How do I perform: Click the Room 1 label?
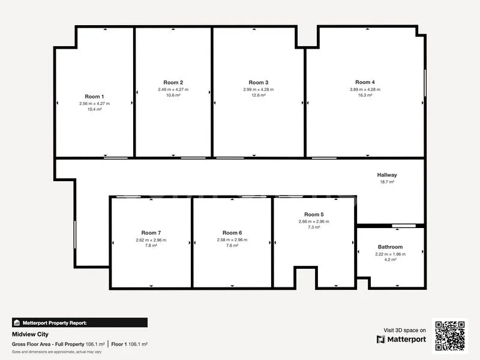tap(94, 97)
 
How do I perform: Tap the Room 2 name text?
tap(173, 82)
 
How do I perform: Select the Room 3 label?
tap(258, 82)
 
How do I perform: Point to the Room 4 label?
tap(365, 82)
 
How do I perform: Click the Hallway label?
tap(387, 175)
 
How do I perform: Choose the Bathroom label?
tap(390, 247)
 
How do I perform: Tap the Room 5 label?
tap(314, 214)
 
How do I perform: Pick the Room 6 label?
tap(232, 233)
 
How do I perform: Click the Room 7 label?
tap(151, 233)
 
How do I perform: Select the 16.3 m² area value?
tap(365, 95)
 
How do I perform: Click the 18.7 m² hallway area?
tap(387, 182)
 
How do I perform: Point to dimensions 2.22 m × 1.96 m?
tap(390, 254)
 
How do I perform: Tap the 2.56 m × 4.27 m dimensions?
tap(94, 103)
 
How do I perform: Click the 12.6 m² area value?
tap(258, 95)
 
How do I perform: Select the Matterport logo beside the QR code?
tap(401, 339)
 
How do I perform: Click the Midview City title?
tap(30, 334)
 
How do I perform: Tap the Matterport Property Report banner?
tap(79, 322)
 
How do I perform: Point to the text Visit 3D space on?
tap(405, 330)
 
